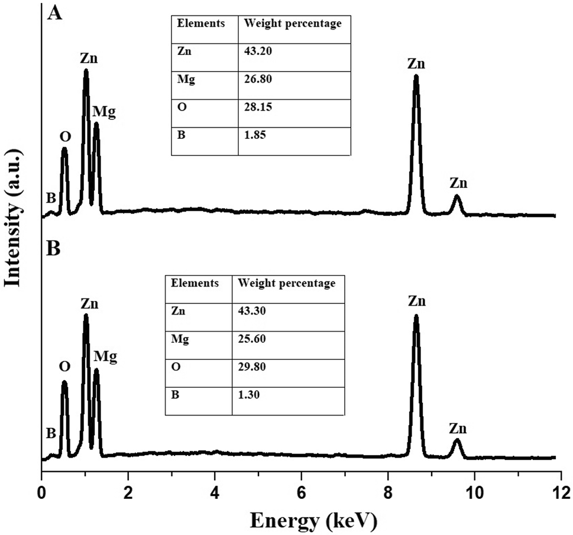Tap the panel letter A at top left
point(54,12)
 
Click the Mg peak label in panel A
point(104,112)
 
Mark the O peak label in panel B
point(64,367)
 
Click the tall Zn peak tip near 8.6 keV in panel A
point(416,77)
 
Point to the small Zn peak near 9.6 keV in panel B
point(457,442)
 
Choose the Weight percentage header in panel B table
point(286,283)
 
